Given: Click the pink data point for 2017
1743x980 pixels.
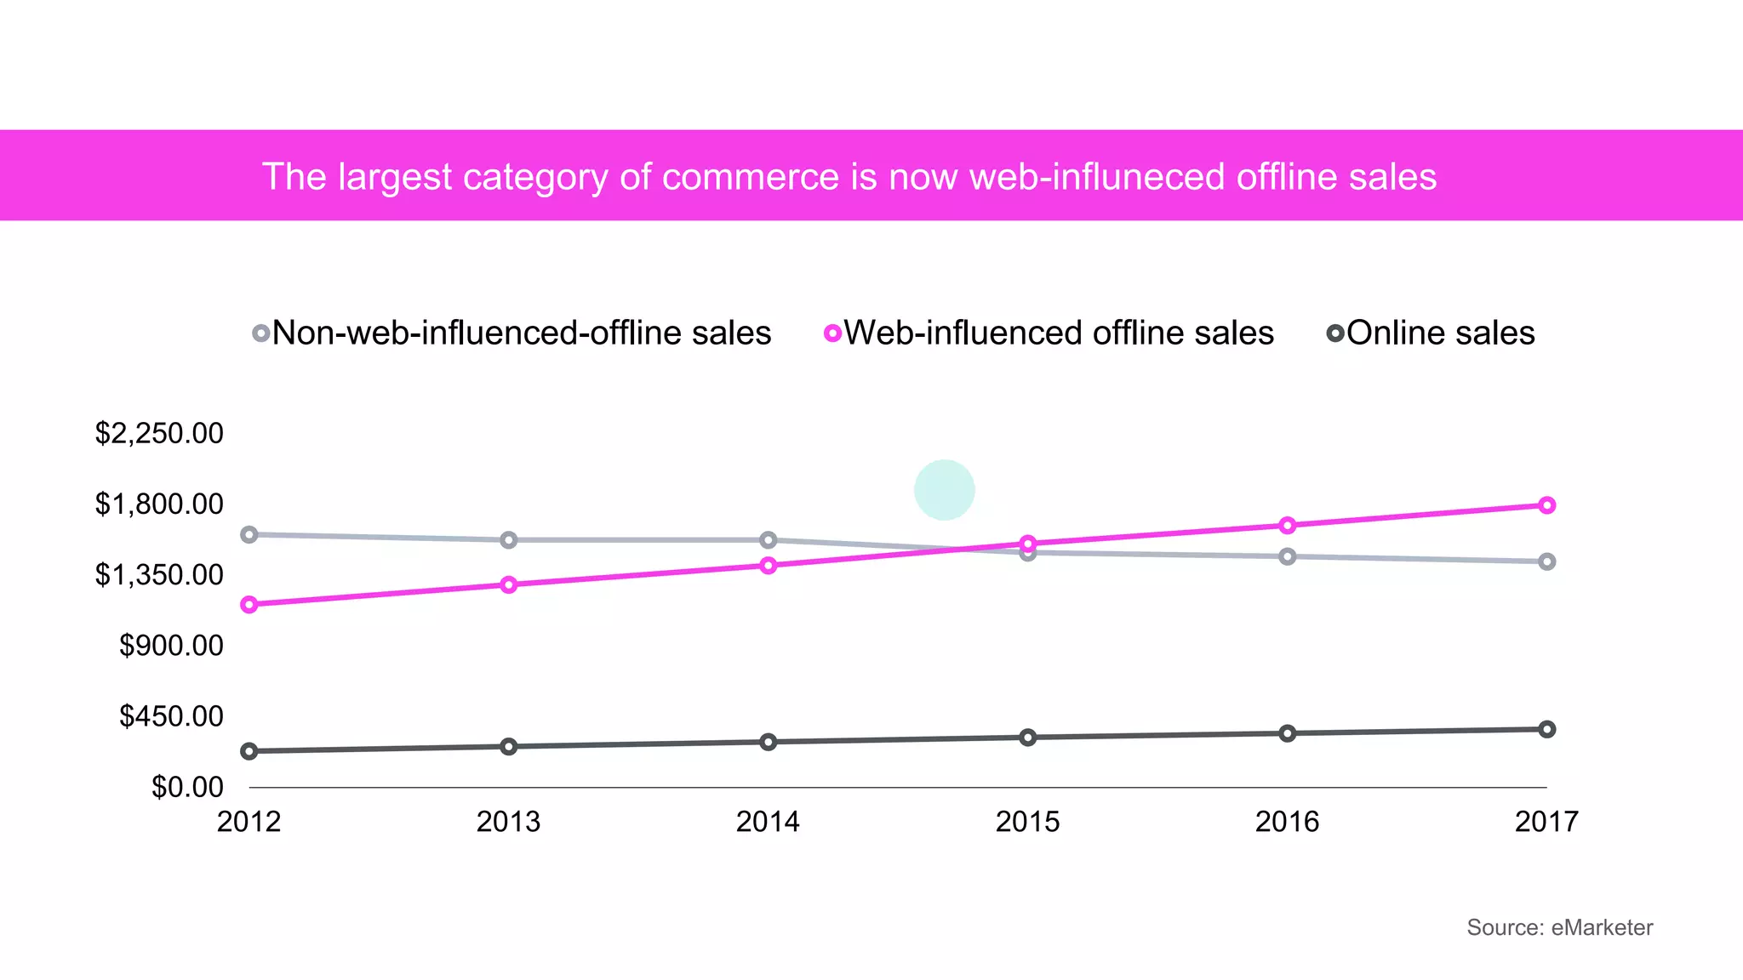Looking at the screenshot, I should click(1546, 505).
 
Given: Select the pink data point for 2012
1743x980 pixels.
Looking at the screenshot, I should click(249, 605).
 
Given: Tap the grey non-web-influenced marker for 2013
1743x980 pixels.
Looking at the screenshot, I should click(509, 540).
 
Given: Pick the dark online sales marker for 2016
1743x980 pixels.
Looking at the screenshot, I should click(1288, 733).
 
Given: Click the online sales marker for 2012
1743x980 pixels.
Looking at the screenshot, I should click(249, 751).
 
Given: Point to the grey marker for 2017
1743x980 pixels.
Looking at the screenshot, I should click(1546, 561).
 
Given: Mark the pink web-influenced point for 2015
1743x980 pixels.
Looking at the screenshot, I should click(1028, 544).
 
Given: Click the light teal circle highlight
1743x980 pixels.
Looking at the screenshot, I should click(944, 490).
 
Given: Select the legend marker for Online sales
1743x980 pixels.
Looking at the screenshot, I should click(1335, 333).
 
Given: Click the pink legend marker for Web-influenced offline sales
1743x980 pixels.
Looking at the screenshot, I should click(833, 333).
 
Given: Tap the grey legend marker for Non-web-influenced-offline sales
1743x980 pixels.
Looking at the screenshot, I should click(261, 333).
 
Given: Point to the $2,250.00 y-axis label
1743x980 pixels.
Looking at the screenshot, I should click(159, 434).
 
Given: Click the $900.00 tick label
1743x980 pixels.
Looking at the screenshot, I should click(171, 646).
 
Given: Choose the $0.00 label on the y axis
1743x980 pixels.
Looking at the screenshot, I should click(187, 787).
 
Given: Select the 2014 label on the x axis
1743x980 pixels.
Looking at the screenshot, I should click(768, 822).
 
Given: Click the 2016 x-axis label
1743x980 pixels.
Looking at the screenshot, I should click(1287, 822).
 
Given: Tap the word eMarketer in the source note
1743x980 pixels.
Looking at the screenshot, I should click(1601, 927).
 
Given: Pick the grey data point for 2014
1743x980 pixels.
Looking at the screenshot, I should click(768, 540).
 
